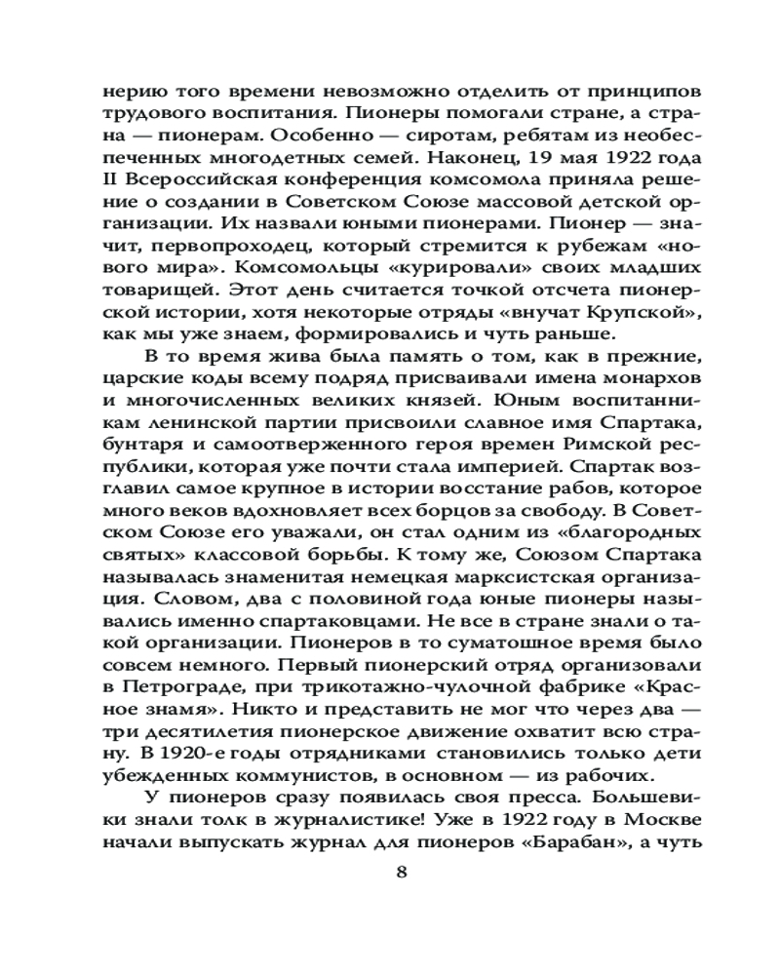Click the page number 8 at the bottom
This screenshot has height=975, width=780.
tap(401, 872)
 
